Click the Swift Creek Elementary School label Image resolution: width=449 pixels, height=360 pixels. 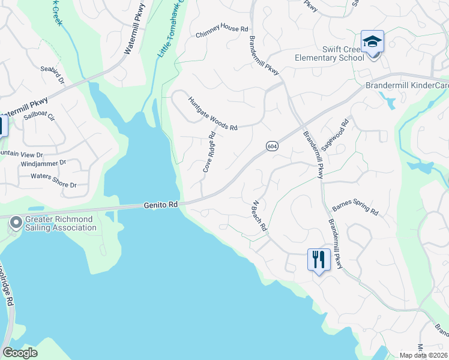pyautogui.click(x=329, y=53)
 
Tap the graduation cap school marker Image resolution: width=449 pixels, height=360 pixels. pyautogui.click(x=372, y=41)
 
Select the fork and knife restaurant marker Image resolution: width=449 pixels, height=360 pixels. pyautogui.click(x=318, y=259)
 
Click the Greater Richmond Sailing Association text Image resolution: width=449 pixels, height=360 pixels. pyautogui.click(x=60, y=224)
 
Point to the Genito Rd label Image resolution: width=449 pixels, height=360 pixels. pyautogui.click(x=161, y=205)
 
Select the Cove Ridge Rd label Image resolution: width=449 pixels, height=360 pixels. pyautogui.click(x=209, y=153)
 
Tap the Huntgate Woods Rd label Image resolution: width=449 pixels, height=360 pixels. pyautogui.click(x=213, y=114)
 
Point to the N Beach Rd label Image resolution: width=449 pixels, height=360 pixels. pyautogui.click(x=259, y=217)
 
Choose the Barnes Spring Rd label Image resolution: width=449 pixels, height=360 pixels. pyautogui.click(x=355, y=208)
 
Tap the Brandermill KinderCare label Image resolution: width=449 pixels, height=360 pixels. pyautogui.click(x=407, y=86)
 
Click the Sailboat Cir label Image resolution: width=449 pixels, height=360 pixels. pyautogui.click(x=39, y=116)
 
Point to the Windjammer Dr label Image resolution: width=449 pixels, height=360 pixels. pyautogui.click(x=43, y=163)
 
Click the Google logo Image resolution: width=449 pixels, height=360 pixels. pyautogui.click(x=20, y=352)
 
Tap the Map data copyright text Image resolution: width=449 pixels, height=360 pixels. pyautogui.click(x=423, y=355)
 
